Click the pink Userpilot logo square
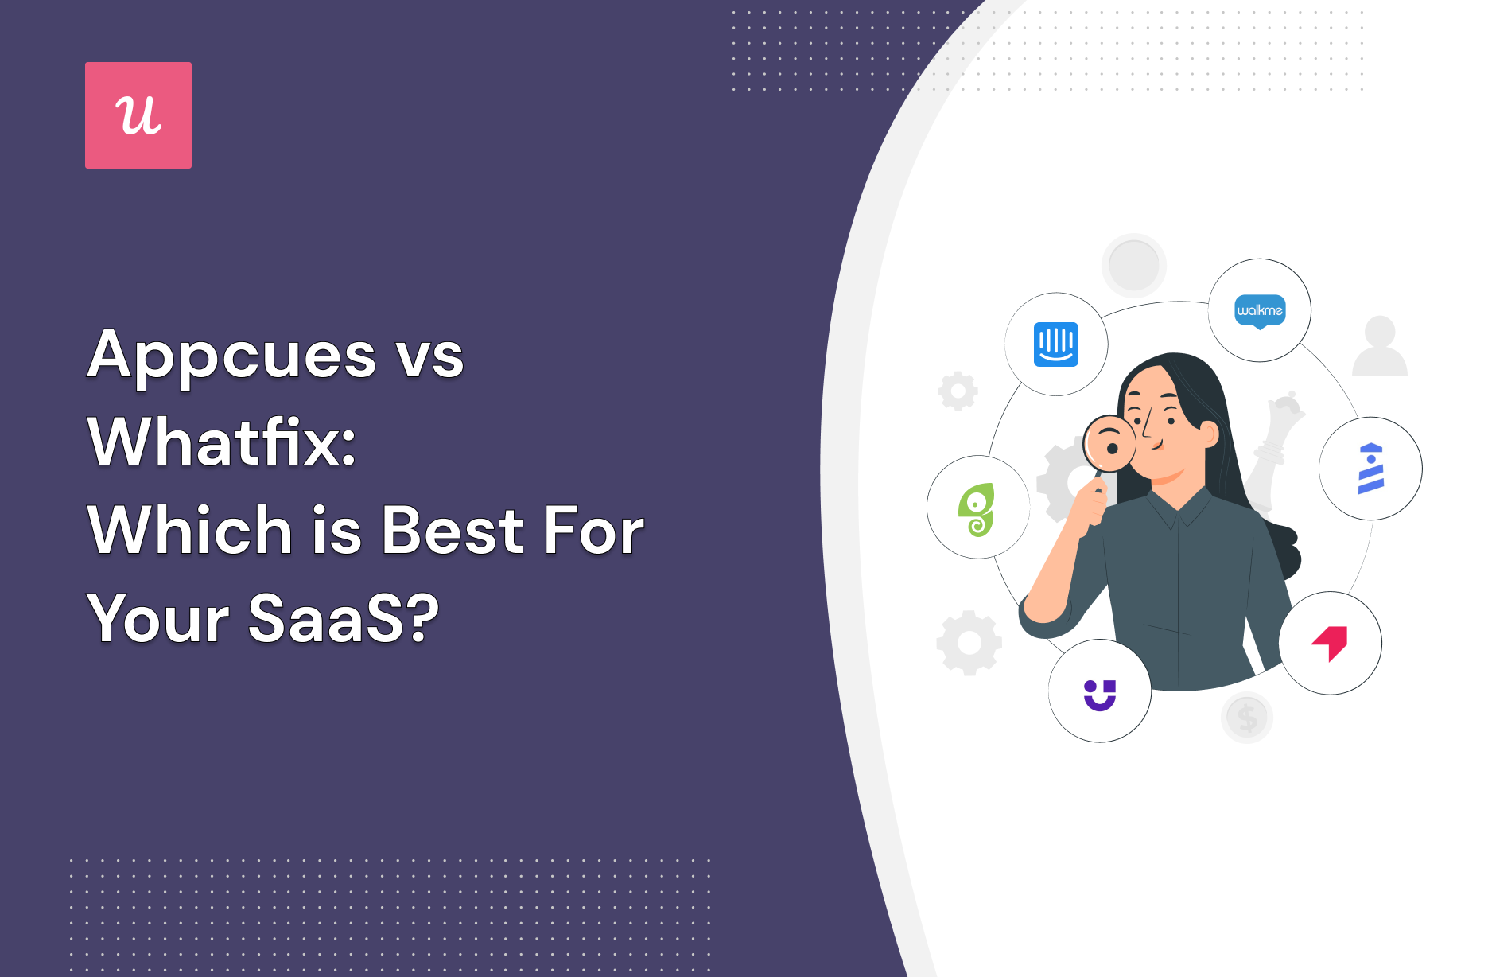click(138, 115)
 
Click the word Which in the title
click(191, 530)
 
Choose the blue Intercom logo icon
click(1056, 344)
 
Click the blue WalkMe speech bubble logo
click(1260, 311)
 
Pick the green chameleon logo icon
click(977, 510)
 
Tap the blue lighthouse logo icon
click(1370, 469)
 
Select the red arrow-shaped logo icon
click(1331, 643)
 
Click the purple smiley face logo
click(1100, 695)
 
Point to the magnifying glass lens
click(1109, 444)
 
